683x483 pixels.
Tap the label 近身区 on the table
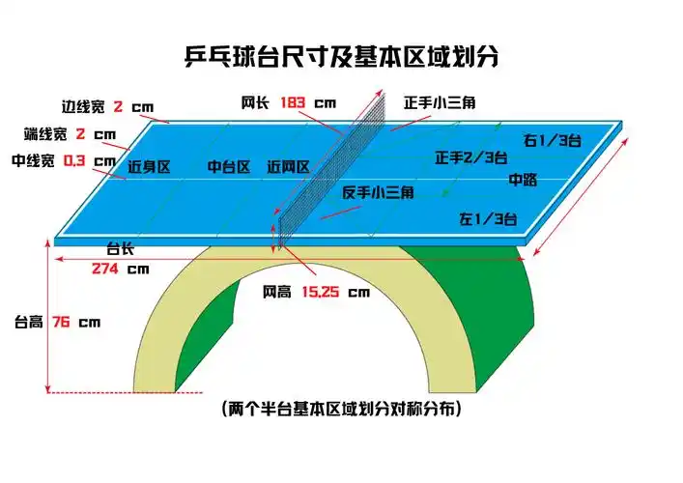coord(149,167)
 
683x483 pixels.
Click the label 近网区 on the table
coord(288,167)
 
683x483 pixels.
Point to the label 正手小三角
coord(439,100)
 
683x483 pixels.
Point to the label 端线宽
coord(44,133)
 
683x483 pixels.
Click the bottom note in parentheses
coord(340,409)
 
